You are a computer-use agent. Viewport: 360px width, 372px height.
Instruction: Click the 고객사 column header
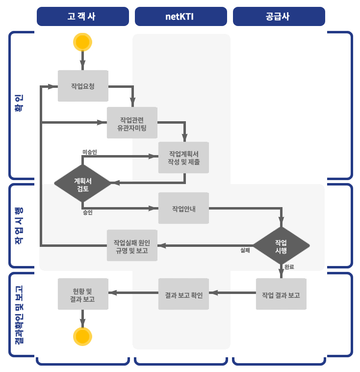[82, 16]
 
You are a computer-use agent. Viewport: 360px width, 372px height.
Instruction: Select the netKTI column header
[180, 16]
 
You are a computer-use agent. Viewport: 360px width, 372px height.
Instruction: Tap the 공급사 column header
[278, 16]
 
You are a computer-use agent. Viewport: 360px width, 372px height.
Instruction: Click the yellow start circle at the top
[82, 42]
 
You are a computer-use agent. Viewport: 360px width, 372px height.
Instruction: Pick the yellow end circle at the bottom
[82, 336]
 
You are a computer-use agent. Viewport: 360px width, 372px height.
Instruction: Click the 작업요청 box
[82, 86]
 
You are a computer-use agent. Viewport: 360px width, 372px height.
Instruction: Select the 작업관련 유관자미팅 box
[132, 122]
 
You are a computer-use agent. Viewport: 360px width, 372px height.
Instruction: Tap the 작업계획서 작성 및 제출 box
[183, 158]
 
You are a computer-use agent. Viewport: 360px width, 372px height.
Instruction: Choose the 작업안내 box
[183, 208]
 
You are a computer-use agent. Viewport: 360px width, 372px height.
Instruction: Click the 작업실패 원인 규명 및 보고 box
[132, 245]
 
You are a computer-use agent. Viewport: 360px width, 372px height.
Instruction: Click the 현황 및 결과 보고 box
[82, 294]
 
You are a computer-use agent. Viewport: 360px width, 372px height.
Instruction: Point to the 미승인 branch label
[90, 152]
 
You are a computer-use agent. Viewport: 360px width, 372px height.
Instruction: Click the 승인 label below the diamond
[87, 213]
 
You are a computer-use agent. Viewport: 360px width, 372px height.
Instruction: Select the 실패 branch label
[245, 250]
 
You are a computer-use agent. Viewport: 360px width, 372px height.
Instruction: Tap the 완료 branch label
[289, 266]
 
